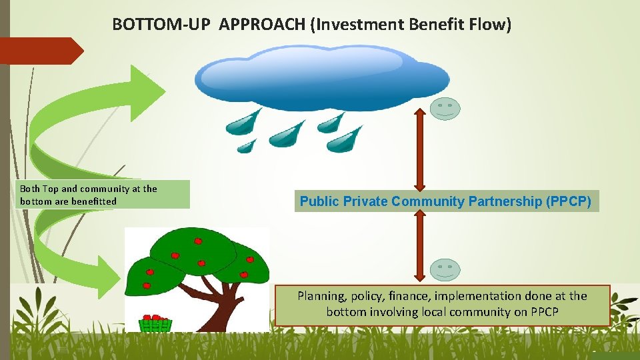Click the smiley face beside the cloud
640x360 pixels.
[x=445, y=109]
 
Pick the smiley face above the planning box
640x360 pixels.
[x=445, y=270]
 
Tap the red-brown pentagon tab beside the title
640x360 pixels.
[x=40, y=51]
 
